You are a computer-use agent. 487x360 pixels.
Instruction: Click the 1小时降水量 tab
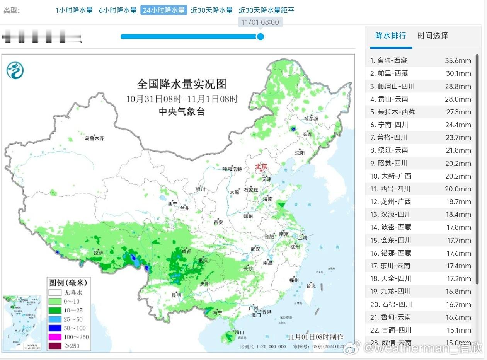[74, 10]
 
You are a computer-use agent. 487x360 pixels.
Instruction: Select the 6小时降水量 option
[118, 10]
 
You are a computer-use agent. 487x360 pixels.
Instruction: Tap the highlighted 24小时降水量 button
[163, 10]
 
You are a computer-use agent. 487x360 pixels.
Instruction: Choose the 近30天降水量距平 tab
[266, 10]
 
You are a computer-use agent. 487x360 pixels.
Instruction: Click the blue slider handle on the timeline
[261, 37]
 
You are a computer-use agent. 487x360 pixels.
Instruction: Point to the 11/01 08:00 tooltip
[260, 22]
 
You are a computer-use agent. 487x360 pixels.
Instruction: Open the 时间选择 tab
[433, 36]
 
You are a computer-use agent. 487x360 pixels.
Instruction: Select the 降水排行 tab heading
[391, 36]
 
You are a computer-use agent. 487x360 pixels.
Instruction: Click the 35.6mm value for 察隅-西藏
[458, 61]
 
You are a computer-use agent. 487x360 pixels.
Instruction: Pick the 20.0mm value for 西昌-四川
[458, 189]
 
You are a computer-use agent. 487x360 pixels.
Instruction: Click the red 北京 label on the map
[261, 167]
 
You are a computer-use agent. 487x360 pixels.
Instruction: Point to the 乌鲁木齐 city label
[95, 138]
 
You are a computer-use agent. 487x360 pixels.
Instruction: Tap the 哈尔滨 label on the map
[311, 118]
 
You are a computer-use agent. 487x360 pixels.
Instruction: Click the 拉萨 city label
[98, 253]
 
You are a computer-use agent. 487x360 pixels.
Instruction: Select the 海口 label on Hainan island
[240, 333]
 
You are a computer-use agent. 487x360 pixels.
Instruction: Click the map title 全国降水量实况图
[182, 84]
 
